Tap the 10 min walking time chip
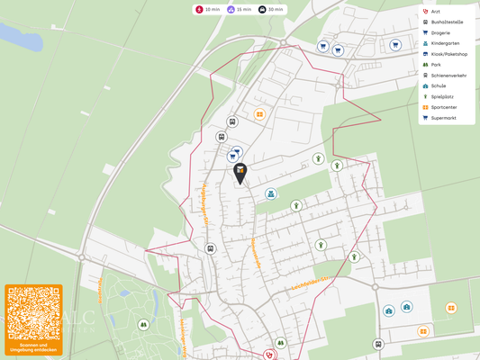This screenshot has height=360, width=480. [209, 9]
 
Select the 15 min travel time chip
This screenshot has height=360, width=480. [239, 9]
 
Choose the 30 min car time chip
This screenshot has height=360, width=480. [270, 9]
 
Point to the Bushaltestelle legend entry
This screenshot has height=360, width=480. [446, 22]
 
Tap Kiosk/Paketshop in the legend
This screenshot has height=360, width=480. [448, 54]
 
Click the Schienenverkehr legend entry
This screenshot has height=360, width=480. [448, 76]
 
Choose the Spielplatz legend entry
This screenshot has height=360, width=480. [441, 96]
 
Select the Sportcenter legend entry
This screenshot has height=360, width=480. [443, 107]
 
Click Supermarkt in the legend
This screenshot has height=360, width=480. [443, 118]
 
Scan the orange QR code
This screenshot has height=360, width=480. [33, 312]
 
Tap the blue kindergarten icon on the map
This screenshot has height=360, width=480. [270, 193]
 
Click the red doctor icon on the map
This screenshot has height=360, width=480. [268, 355]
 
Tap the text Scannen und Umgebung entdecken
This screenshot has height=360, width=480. [33, 346]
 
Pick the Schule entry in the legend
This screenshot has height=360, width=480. [438, 86]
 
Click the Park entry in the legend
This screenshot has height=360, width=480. [436, 65]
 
